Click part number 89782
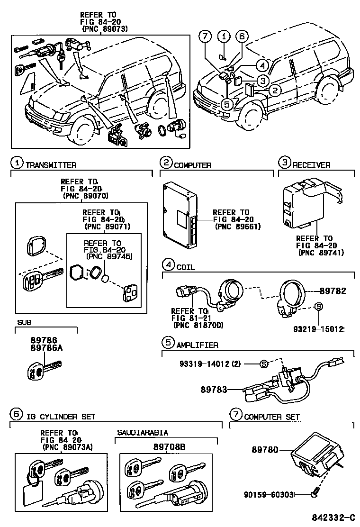coord(333,291)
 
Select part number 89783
coord(213,390)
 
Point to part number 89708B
coord(166,446)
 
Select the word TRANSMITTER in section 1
coord(51,165)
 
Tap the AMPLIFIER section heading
coord(197,345)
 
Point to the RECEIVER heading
coord(311,165)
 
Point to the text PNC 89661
coord(238,227)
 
